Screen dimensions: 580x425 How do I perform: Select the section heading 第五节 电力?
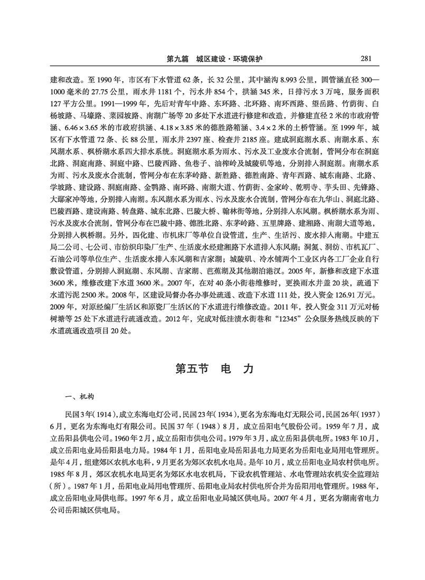tap(214, 368)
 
